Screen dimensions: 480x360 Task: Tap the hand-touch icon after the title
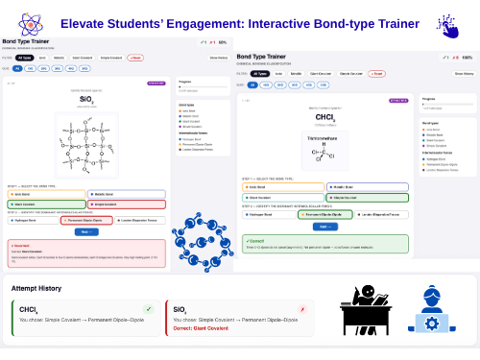point(446,23)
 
